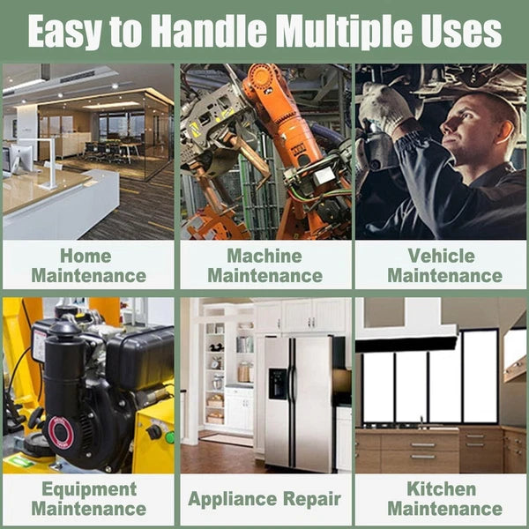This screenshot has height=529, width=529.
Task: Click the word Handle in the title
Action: [209, 31]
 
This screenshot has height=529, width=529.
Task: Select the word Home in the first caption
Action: [86, 256]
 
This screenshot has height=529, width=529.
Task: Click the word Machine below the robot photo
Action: [264, 256]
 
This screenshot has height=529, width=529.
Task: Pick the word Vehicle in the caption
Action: [442, 256]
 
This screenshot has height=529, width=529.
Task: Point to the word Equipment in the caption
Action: [89, 490]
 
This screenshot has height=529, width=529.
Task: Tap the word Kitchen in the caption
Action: [442, 488]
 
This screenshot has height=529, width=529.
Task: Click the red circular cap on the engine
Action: [60, 432]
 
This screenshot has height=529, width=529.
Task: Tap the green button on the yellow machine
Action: [170, 437]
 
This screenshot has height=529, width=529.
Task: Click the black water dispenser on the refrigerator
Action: [278, 384]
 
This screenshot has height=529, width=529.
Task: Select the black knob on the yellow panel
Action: [154, 432]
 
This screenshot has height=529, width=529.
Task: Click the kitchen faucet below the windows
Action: [421, 422]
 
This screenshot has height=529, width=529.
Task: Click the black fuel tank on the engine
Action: [140, 358]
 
